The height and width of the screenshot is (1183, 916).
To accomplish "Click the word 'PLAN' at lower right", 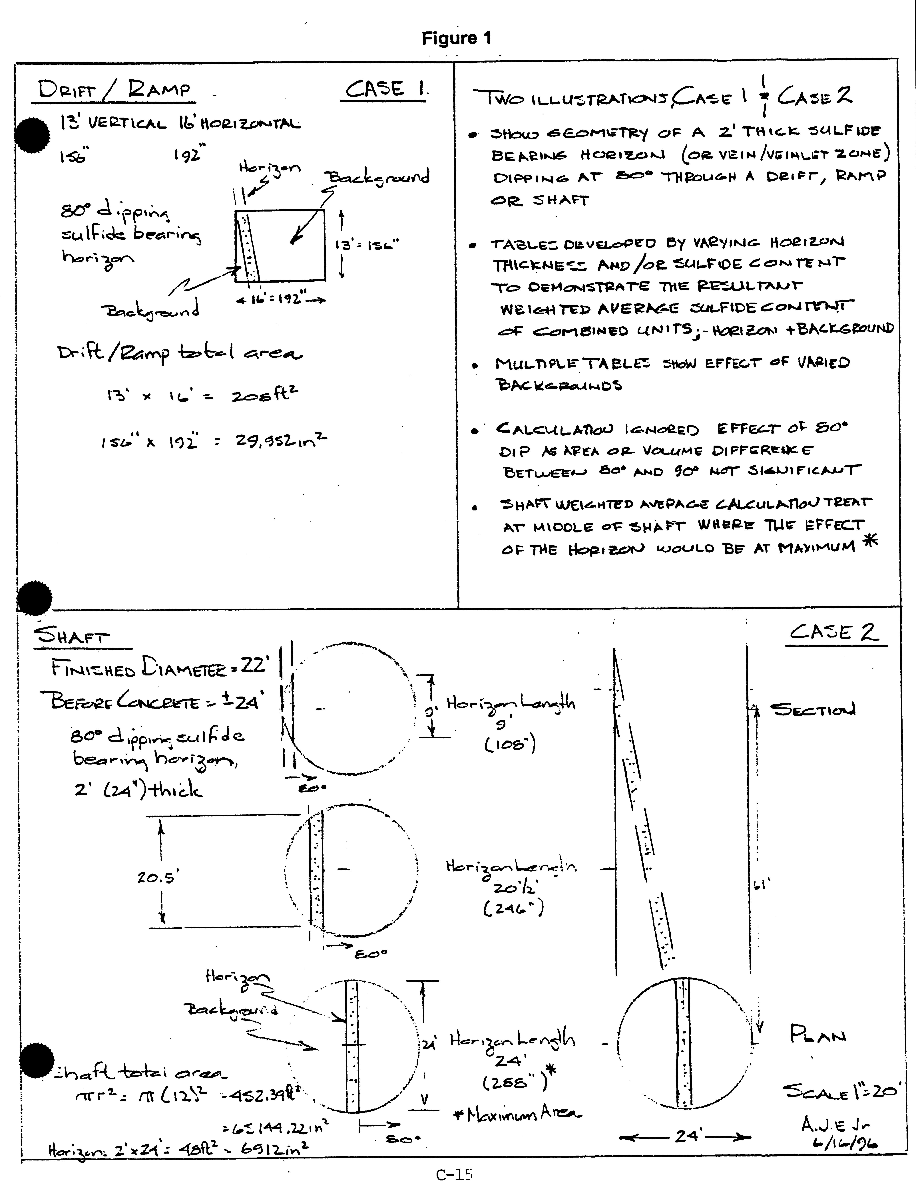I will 818,1036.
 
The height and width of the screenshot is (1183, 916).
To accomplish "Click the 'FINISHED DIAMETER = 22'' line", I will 160,668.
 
